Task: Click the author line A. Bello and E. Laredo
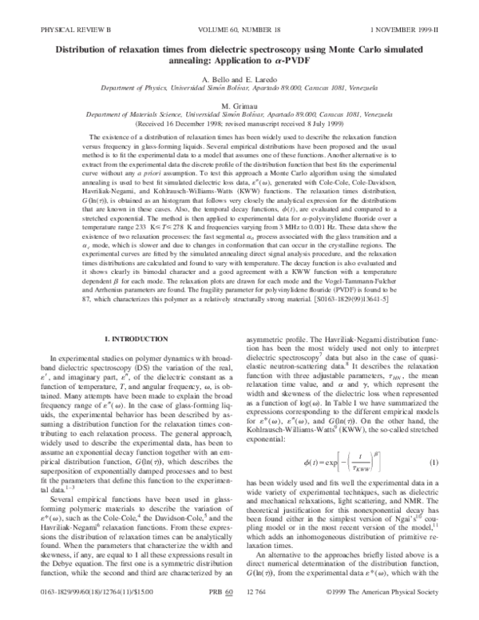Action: pyautogui.click(x=239, y=82)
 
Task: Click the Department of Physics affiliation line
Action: pyautogui.click(x=239, y=92)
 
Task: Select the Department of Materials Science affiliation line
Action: pyautogui.click(x=239, y=115)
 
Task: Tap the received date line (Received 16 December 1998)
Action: pyautogui.click(x=239, y=125)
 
